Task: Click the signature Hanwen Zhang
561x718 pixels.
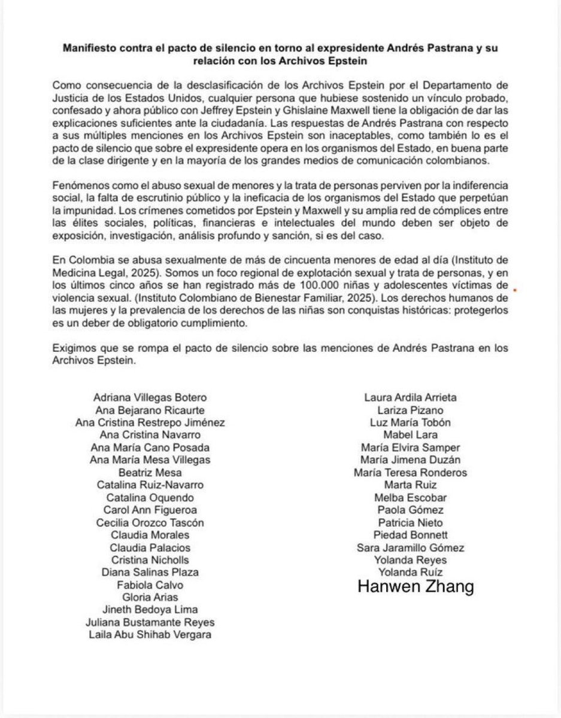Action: coord(416,587)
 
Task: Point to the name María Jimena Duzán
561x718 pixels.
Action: coord(410,460)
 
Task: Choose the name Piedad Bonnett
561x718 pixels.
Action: coord(410,535)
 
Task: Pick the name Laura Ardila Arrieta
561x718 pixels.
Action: coord(410,397)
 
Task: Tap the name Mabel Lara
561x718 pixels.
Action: coord(410,434)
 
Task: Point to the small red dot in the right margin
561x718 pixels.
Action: coord(515,291)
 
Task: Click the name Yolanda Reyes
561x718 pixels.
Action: coord(410,560)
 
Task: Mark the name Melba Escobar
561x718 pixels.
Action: coord(410,497)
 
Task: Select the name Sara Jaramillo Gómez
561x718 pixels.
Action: coord(410,547)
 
